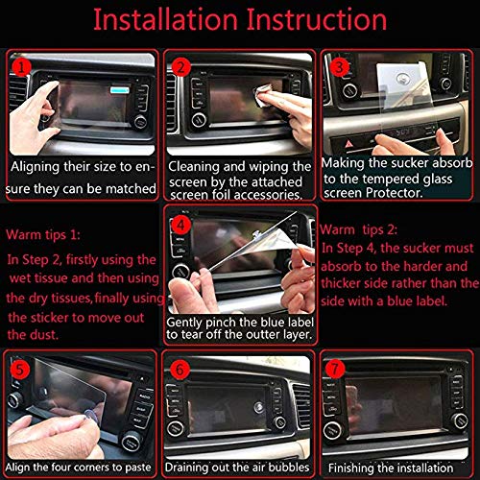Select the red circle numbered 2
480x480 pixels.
click(x=181, y=66)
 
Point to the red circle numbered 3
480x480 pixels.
click(x=337, y=66)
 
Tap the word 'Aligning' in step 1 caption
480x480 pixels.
click(x=41, y=166)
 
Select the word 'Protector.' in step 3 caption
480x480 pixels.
click(x=354, y=193)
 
